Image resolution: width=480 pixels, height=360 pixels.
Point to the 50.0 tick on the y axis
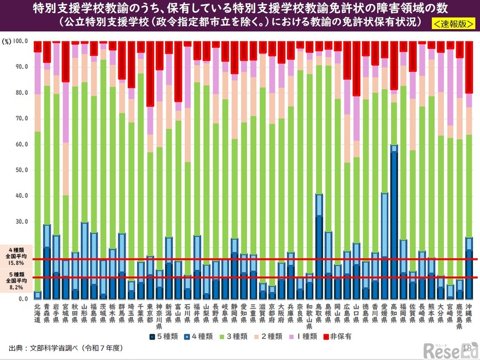[x=20, y=170]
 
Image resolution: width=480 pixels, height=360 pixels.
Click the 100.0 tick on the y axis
[x=19, y=41]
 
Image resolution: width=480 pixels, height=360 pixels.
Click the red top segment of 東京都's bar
[x=150, y=73]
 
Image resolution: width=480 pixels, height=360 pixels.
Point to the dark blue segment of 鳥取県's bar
[x=319, y=256]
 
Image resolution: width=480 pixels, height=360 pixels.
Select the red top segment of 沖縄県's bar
[x=469, y=67]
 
